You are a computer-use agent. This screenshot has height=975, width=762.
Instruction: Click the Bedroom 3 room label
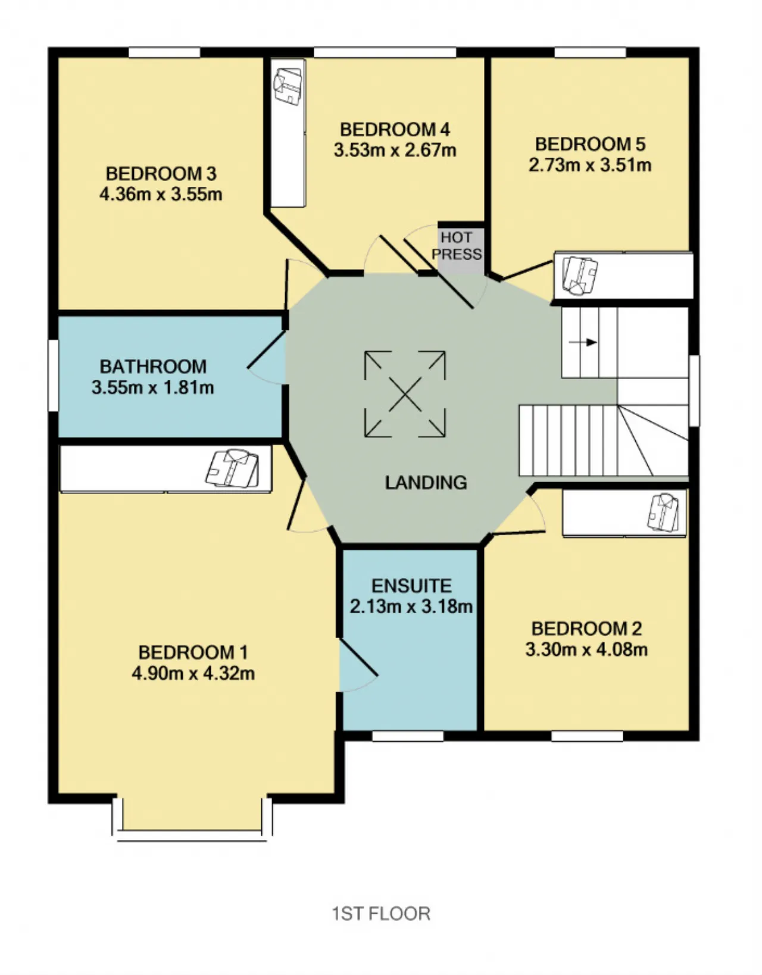[x=161, y=174]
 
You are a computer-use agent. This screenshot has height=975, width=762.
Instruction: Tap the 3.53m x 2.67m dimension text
[x=395, y=150]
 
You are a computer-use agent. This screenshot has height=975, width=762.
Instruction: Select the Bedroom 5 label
[x=590, y=145]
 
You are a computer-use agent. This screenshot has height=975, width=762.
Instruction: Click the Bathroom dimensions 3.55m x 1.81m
[x=153, y=387]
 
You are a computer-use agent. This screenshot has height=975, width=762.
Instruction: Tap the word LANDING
[x=426, y=483]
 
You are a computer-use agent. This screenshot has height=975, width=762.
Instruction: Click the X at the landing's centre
[x=405, y=395]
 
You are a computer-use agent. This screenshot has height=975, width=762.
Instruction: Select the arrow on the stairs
[x=582, y=342]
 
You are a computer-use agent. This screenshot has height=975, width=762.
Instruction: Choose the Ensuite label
[x=411, y=586]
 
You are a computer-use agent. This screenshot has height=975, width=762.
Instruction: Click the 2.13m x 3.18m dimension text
[x=411, y=607]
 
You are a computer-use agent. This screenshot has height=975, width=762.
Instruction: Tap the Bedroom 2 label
[x=586, y=629]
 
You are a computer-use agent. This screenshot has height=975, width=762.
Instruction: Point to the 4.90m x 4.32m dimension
[x=193, y=673]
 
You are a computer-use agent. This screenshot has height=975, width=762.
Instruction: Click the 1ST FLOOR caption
[x=382, y=914]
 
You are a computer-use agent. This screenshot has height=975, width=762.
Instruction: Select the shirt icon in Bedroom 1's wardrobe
[x=232, y=468]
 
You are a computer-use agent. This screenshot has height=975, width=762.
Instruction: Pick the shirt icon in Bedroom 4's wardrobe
[x=288, y=86]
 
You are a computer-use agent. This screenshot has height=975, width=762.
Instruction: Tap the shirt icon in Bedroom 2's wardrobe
[x=663, y=512]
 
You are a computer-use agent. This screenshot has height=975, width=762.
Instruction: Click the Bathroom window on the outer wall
[x=53, y=376]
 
